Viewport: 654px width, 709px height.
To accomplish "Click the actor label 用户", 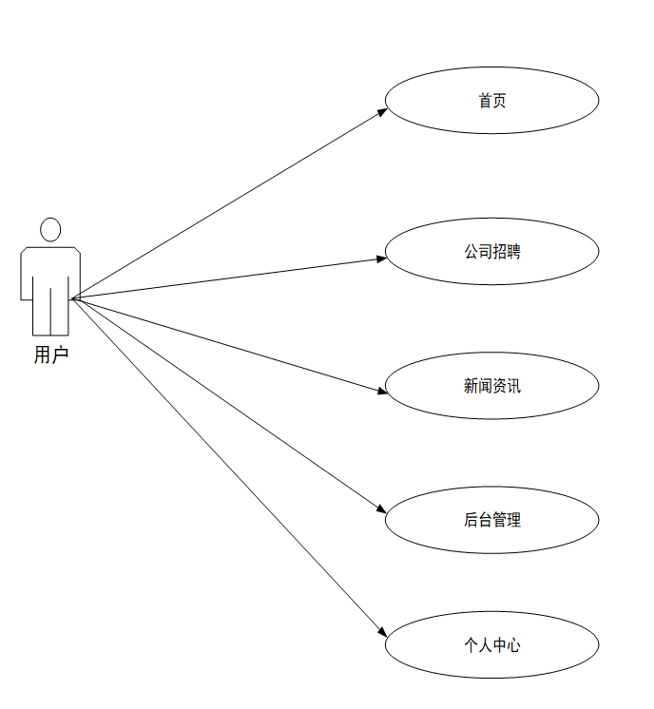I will coord(50,356).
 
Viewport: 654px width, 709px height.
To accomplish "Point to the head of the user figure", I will coord(50,229).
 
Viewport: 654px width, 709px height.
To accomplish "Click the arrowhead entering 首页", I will coord(383,111).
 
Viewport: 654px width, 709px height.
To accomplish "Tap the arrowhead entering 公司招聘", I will coord(382,258).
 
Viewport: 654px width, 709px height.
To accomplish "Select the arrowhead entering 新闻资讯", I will coord(382,390).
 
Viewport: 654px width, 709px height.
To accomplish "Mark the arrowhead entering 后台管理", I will coord(382,511).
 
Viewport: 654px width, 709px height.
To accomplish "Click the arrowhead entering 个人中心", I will coord(382,634).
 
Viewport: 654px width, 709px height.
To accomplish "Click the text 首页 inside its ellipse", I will coord(491,100).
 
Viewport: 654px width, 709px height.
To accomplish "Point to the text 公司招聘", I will coord(491,252).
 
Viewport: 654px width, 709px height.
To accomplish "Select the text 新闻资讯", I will coord(491,386).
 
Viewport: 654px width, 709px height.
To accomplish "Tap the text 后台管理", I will coord(491,520).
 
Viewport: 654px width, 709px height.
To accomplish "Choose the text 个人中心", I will coord(491,644).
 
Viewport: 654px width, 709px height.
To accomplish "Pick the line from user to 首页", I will coord(228,204).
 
